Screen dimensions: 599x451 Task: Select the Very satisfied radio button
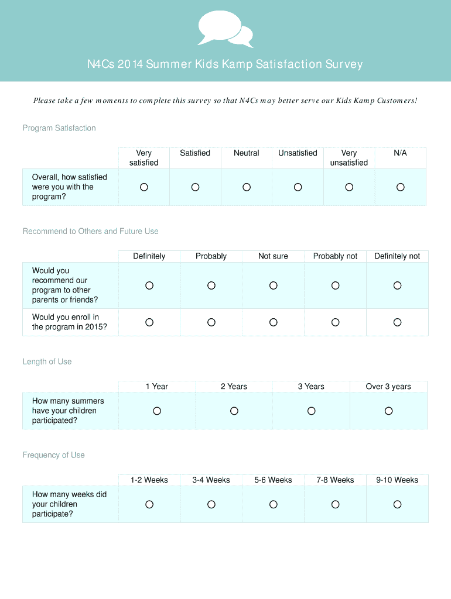pos(144,187)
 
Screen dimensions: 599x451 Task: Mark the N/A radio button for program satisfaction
pos(401,187)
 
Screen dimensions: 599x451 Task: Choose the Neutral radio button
pos(247,187)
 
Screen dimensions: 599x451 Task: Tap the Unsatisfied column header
pos(298,153)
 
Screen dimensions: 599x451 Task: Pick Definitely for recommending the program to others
pos(149,285)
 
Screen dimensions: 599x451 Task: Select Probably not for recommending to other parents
pos(336,285)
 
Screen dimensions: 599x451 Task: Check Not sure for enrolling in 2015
pos(274,322)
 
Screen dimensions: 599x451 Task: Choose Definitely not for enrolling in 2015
pos(398,322)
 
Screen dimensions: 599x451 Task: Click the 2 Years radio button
pos(234,411)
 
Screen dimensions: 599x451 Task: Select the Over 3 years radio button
pos(389,411)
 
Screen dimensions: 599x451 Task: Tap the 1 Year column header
pos(157,387)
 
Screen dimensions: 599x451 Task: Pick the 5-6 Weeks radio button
pos(274,504)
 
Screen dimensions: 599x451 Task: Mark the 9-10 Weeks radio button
pos(398,504)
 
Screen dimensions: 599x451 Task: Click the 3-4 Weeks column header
pos(211,480)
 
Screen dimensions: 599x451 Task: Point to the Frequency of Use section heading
pos(54,455)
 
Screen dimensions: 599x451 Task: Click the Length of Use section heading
pos(47,362)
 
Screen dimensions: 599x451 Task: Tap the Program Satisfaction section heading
pos(59,128)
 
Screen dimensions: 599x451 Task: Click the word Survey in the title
pos(343,64)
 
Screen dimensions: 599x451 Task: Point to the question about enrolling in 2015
pos(70,322)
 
